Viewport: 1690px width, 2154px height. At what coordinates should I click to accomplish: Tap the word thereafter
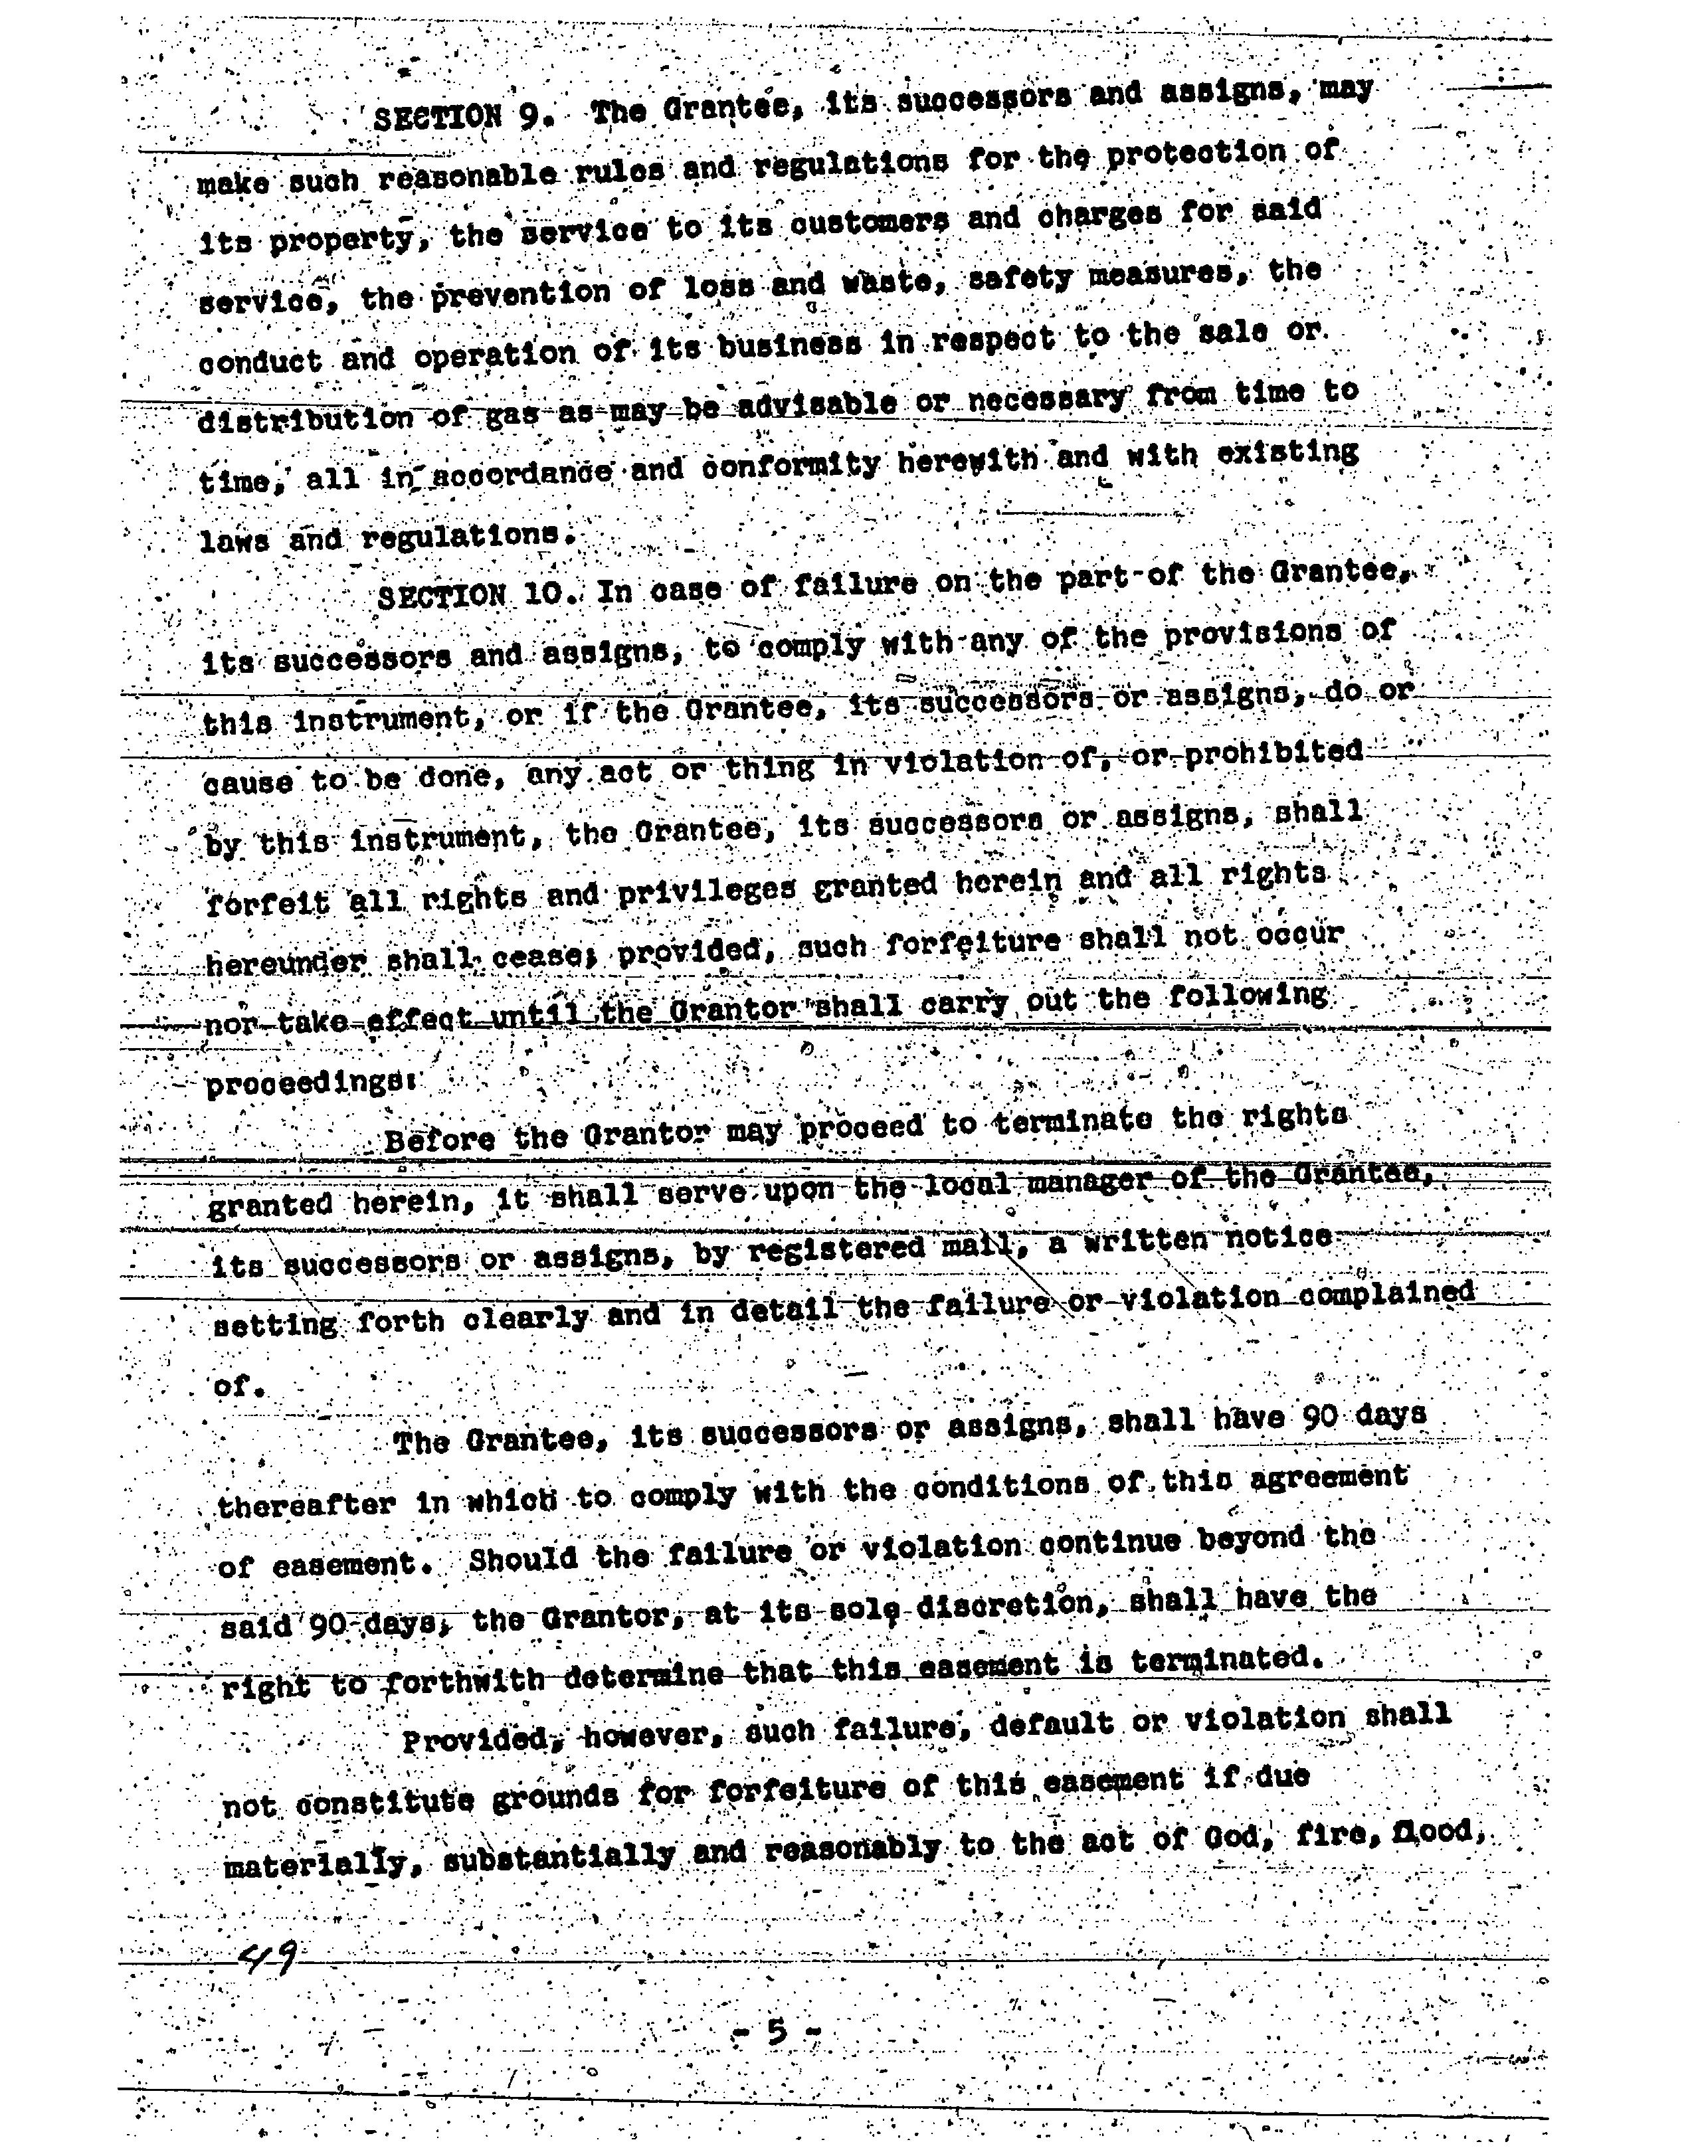[x=306, y=1506]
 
